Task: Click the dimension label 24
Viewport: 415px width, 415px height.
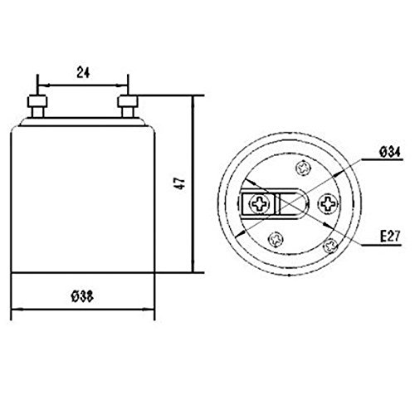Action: coord(83,72)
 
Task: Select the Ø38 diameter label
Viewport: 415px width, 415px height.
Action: coord(82,297)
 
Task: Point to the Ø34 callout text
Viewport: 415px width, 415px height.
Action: coord(390,152)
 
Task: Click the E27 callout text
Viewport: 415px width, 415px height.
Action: coord(390,237)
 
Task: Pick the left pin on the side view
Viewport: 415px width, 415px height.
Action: coord(37,106)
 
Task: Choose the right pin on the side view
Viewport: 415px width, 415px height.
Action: coord(128,106)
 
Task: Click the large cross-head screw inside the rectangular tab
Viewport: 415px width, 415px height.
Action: coord(259,204)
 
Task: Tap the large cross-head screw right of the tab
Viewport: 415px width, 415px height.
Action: coord(328,204)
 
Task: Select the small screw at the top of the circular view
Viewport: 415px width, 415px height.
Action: coord(304,168)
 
